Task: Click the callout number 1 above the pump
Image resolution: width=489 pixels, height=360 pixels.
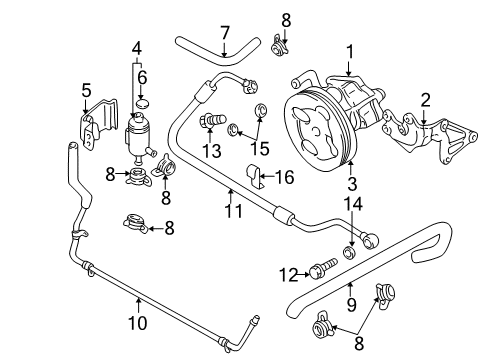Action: click(349, 50)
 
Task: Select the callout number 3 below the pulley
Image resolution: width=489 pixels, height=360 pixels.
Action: click(350, 183)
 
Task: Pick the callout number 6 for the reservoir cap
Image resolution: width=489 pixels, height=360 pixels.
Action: click(141, 76)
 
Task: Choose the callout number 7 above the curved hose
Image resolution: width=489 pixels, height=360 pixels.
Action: click(224, 32)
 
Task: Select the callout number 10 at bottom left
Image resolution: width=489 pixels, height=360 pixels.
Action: click(137, 324)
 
